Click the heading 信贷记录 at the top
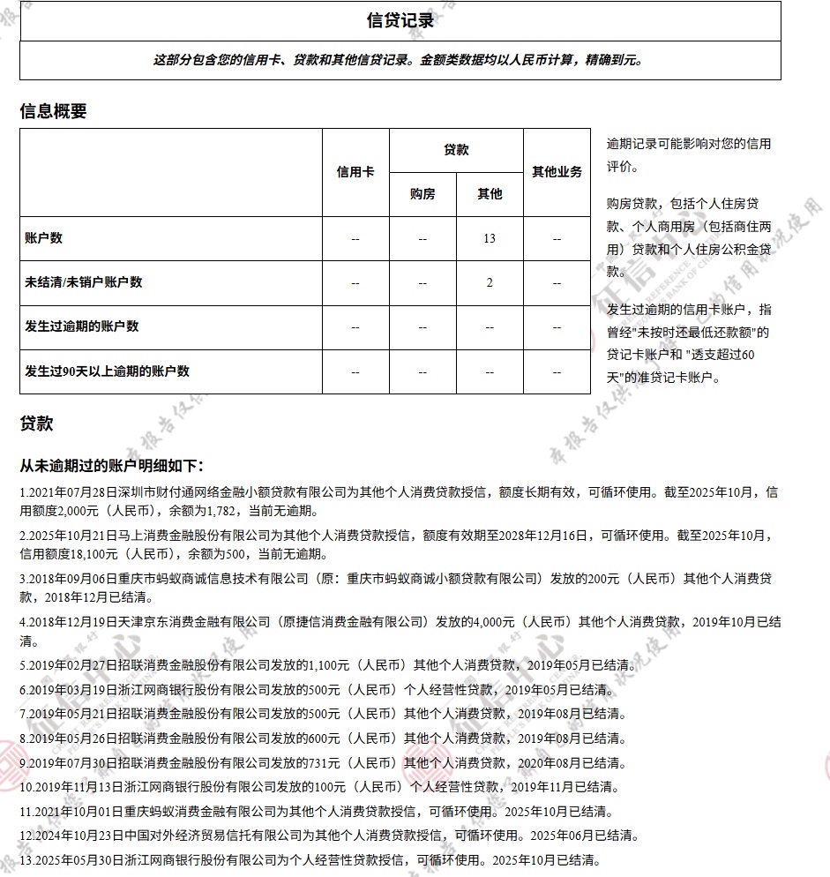point(400,20)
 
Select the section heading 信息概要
point(53,111)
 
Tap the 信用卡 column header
point(355,172)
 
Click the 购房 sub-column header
point(422,194)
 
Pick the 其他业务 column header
point(557,172)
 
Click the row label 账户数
point(44,238)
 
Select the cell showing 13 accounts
point(490,238)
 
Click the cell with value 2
point(490,282)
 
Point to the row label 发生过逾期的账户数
point(82,326)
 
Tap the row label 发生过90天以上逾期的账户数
point(108,371)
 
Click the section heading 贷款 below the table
point(36,424)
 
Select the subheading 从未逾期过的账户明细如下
point(111,465)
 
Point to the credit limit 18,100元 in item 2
point(84,555)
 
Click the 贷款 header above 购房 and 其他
point(456,150)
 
